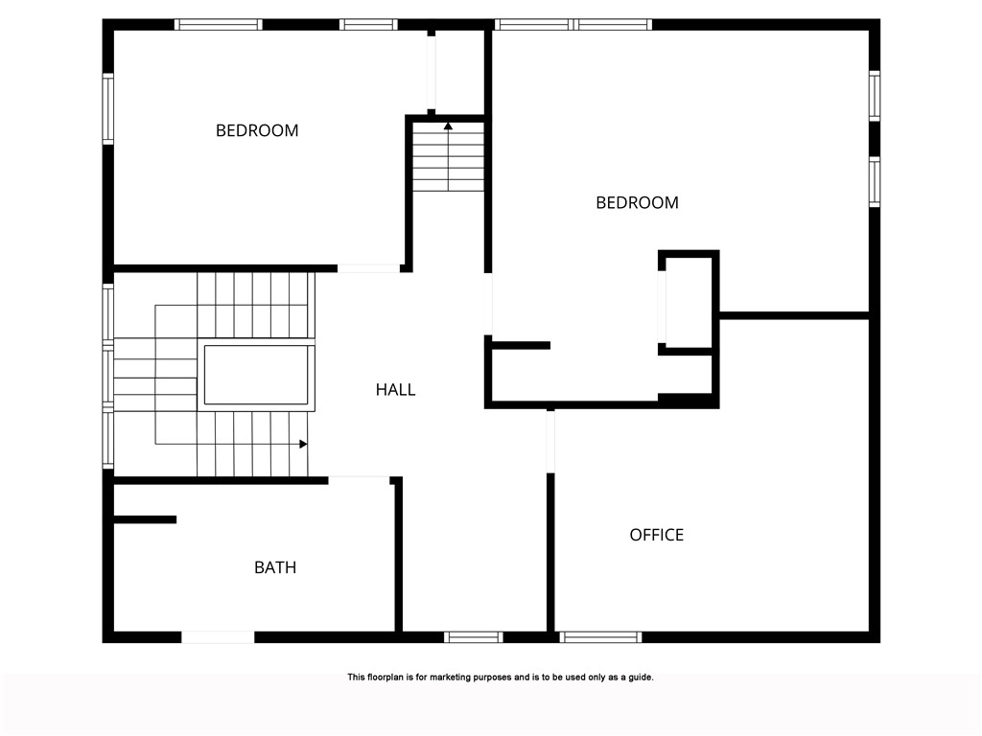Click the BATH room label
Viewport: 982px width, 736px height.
tap(275, 567)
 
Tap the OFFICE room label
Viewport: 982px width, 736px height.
tap(657, 535)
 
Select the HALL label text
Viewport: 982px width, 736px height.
tap(395, 390)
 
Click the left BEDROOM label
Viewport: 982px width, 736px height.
tap(257, 130)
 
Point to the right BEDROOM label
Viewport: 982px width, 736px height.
tap(637, 202)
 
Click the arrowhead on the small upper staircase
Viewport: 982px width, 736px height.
tap(448, 126)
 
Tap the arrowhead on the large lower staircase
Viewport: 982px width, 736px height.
tap(303, 444)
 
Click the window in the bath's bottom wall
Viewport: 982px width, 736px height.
tap(218, 636)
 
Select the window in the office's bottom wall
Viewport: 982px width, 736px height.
tap(600, 636)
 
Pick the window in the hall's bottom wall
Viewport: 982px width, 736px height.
tap(474, 636)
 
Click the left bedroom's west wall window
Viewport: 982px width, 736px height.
tap(108, 109)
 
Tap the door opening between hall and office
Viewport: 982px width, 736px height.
tap(550, 441)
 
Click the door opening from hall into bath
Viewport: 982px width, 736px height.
tap(359, 478)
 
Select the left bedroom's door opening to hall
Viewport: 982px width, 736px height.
tap(369, 268)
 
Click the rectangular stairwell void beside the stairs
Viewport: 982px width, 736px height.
tap(255, 376)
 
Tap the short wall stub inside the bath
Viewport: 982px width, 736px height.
tap(145, 519)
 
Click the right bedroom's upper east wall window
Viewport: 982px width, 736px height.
tap(875, 97)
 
